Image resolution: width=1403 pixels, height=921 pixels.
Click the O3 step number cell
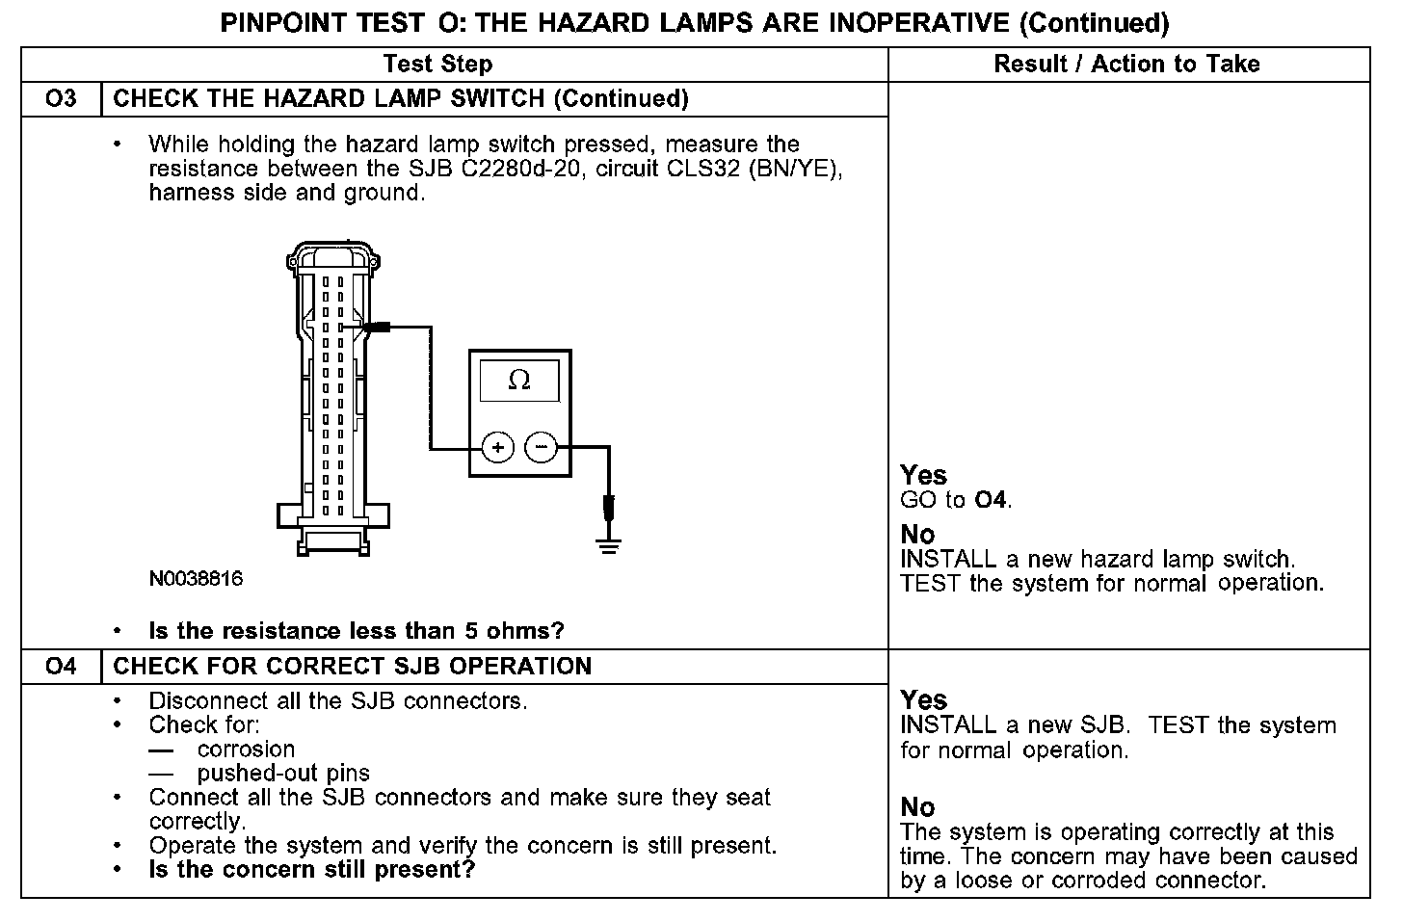tap(61, 99)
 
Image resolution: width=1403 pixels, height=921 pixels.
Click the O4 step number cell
tap(61, 667)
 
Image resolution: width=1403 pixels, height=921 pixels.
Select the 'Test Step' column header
tap(437, 65)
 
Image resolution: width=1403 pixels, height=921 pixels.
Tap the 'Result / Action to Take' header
tap(1126, 65)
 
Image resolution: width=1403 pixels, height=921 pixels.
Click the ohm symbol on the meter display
tap(518, 381)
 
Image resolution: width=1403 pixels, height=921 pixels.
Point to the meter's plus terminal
tap(497, 448)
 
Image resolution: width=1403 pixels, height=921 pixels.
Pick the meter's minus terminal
tap(541, 448)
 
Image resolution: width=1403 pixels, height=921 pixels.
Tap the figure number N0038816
tap(196, 579)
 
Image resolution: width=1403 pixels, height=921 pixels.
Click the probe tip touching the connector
tap(371, 328)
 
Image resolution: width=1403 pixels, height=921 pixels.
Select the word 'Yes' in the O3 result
tap(923, 475)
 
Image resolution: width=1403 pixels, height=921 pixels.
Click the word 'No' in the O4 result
tap(917, 807)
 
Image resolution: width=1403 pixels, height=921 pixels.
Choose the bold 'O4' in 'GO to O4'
tap(992, 500)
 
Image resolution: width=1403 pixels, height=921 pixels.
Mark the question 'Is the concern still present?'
tap(312, 870)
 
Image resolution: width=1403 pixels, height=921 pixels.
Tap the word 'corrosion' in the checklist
tap(246, 750)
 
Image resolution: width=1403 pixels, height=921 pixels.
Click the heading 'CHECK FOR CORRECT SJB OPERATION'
tap(353, 667)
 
